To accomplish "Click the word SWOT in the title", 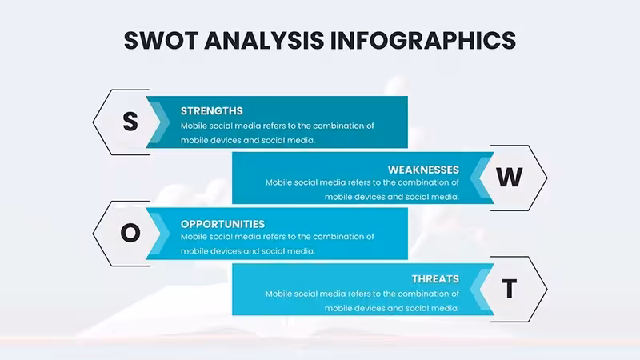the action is point(162,41).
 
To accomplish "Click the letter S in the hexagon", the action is point(130,122).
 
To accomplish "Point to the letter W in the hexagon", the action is point(510,177).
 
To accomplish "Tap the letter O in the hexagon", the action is point(130,233).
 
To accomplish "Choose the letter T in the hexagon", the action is point(510,289).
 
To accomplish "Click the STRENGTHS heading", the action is point(212,111).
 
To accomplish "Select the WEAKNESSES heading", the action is point(423,170).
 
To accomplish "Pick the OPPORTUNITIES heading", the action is point(223,224).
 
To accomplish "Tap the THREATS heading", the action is point(435,278).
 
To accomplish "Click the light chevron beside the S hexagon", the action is point(158,122).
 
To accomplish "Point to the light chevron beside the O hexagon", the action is point(158,234).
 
